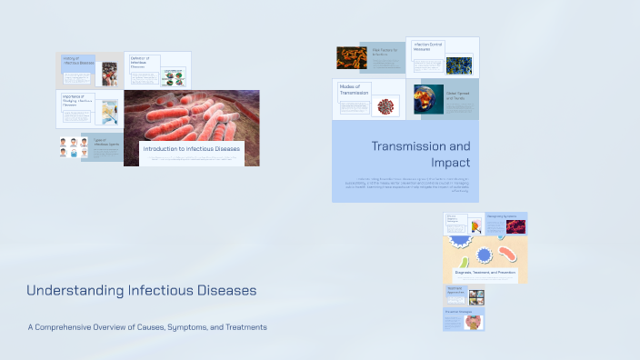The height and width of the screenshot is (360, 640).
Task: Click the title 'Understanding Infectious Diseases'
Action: [x=142, y=291]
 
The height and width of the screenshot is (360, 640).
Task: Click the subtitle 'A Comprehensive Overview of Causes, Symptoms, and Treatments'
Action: [x=147, y=327]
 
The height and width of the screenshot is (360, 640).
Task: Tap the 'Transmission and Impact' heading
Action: [x=421, y=154]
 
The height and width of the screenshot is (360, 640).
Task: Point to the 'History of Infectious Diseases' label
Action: [x=77, y=61]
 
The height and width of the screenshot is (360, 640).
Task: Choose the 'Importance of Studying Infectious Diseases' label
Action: [x=76, y=100]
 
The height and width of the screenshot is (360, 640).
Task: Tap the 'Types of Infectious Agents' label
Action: [x=104, y=143]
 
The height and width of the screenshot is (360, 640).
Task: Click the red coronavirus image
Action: [x=388, y=105]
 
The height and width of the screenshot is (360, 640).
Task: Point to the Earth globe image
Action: [x=428, y=99]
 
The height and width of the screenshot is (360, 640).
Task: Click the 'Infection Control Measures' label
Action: [x=427, y=45]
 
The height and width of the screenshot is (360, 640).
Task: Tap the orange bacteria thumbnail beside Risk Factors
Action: [x=351, y=58]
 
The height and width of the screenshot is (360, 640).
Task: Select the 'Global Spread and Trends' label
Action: [x=459, y=95]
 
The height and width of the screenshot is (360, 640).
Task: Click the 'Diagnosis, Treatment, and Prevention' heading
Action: [x=485, y=272]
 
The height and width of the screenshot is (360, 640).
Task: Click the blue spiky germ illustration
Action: [x=485, y=255]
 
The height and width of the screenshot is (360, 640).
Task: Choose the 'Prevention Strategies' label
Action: [x=458, y=311]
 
